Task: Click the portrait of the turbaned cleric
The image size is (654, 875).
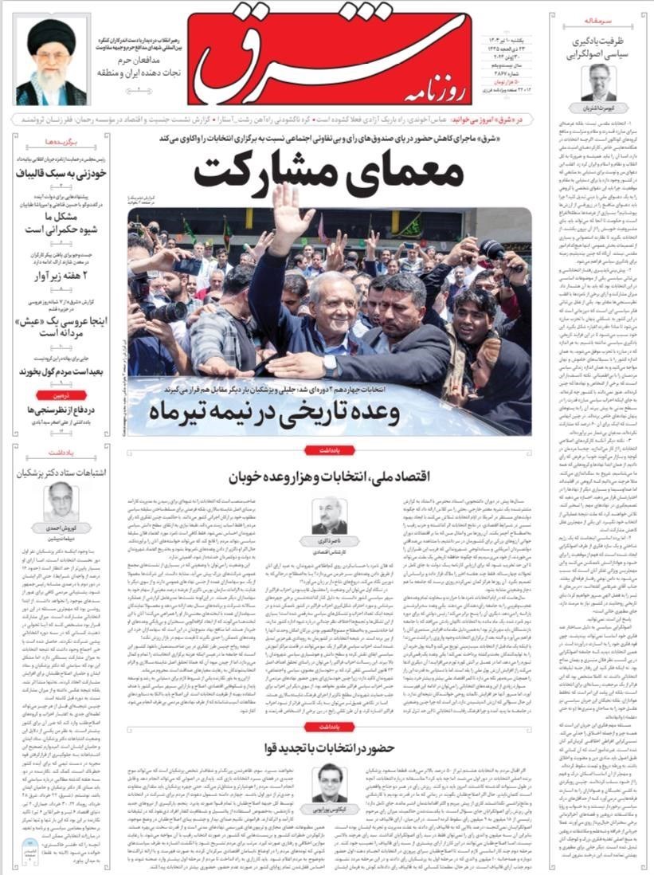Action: pos(50,63)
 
